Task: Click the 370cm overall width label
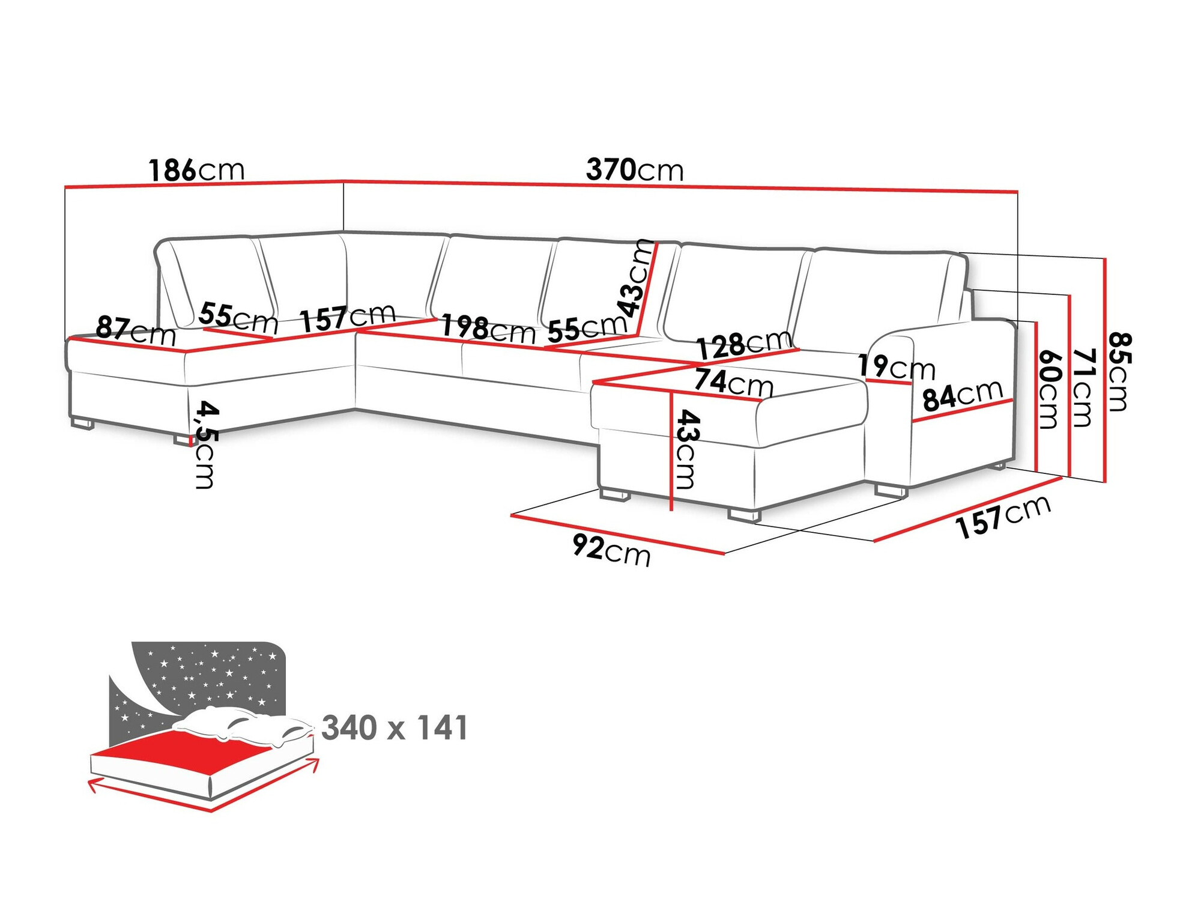pyautogui.click(x=635, y=170)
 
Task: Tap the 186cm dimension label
pyautogui.click(x=196, y=171)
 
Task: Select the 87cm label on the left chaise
pyautogui.click(x=136, y=331)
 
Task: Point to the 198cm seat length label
pyautogui.click(x=488, y=329)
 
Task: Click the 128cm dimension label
pyautogui.click(x=744, y=345)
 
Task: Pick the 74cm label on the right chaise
pyautogui.click(x=733, y=383)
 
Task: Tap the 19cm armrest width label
pyautogui.click(x=896, y=366)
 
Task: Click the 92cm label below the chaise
pyautogui.click(x=611, y=550)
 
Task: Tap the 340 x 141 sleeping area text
pyautogui.click(x=395, y=728)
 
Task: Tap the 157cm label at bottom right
pyautogui.click(x=1003, y=517)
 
